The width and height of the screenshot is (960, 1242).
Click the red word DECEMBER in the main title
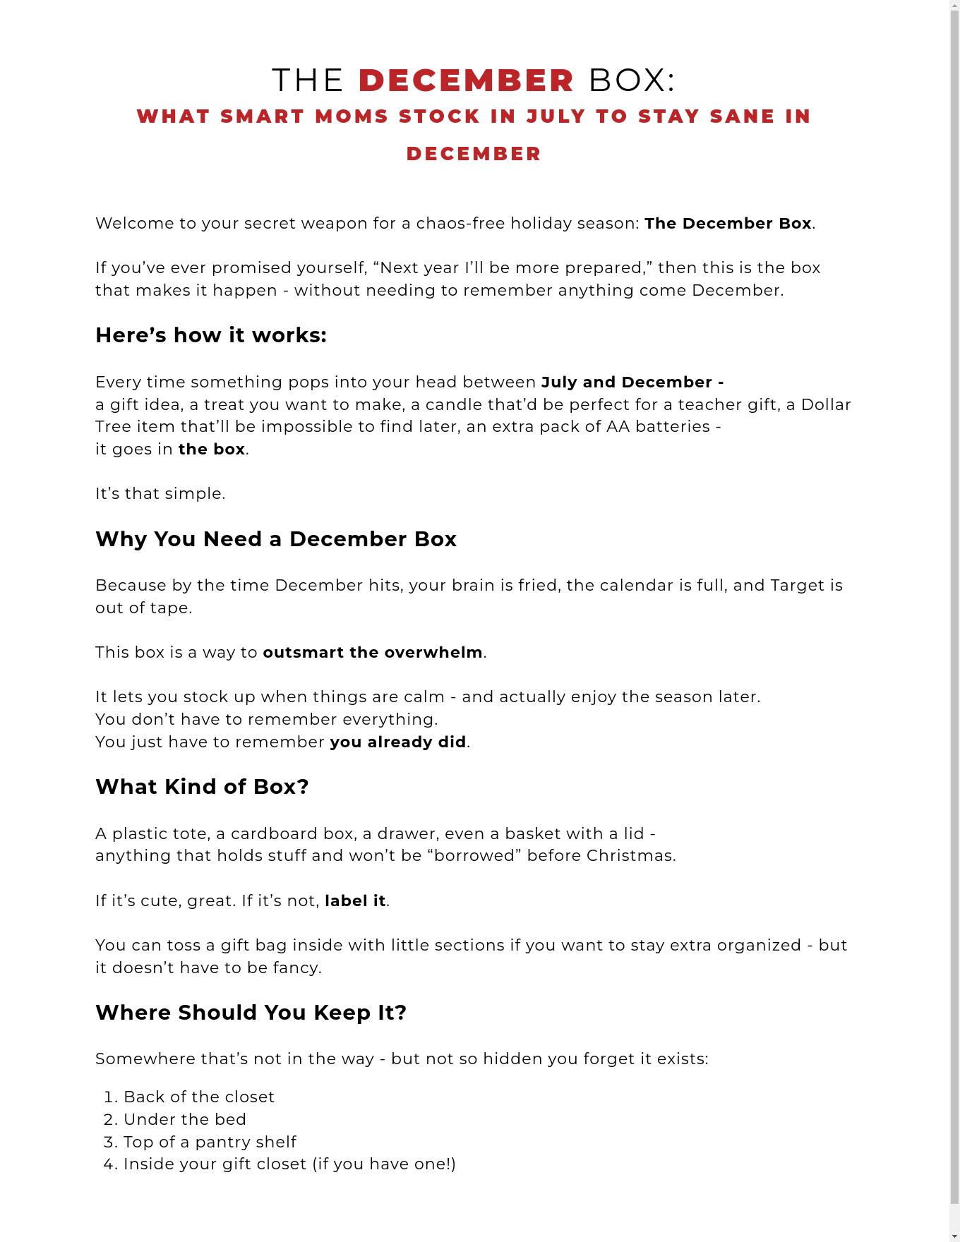(467, 80)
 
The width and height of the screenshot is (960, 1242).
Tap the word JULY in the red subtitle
(556, 116)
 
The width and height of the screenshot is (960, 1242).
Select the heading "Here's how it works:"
(211, 335)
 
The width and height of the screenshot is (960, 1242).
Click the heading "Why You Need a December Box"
(276, 539)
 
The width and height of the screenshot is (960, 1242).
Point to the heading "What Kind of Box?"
(202, 787)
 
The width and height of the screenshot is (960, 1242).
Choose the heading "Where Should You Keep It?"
(251, 1013)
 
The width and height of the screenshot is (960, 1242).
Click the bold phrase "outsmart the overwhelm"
(373, 652)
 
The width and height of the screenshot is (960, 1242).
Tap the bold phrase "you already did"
(398, 742)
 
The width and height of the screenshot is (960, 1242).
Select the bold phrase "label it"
(355, 900)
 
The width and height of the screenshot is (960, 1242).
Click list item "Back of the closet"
(198, 1097)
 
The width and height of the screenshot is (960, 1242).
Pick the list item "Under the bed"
(184, 1119)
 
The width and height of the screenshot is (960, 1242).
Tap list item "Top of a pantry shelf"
(210, 1142)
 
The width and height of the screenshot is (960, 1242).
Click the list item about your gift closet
(289, 1164)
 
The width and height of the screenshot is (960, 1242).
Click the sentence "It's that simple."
(160, 493)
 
